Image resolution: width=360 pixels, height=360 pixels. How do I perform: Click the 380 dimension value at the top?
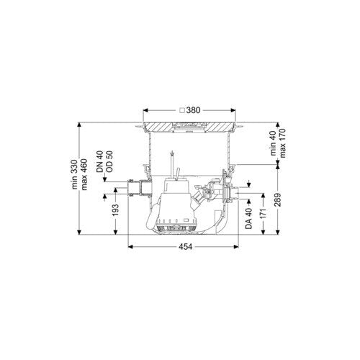(193, 110)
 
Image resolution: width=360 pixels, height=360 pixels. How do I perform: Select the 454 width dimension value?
(185, 246)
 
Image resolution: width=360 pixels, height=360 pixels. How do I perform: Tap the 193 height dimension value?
(116, 210)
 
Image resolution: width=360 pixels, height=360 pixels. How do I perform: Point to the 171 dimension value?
(264, 214)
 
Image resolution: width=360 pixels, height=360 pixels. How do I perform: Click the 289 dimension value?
(278, 200)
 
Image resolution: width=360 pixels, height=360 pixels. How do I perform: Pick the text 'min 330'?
(75, 174)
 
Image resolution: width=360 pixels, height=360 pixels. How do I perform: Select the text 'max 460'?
(84, 174)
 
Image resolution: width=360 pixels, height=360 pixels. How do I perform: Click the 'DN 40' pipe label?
(99, 161)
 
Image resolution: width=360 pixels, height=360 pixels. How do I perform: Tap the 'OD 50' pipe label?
(109, 161)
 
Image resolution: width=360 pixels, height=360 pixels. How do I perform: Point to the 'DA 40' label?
(249, 218)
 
